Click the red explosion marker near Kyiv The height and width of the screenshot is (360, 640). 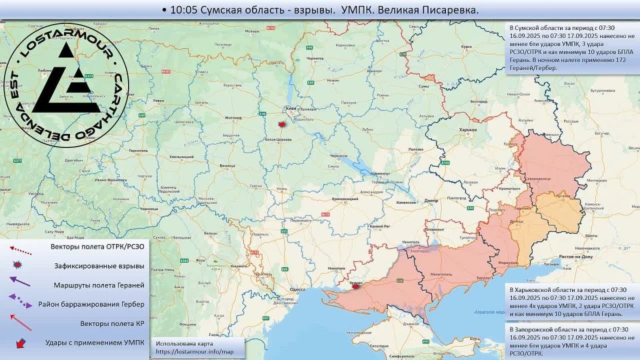[283, 125]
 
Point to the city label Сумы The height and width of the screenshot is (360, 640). [424, 87]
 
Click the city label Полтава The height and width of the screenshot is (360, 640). [415, 149]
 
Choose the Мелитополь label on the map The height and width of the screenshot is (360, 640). [442, 274]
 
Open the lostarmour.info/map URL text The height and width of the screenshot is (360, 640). [195, 351]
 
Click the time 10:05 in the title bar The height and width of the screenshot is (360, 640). [183, 11]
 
